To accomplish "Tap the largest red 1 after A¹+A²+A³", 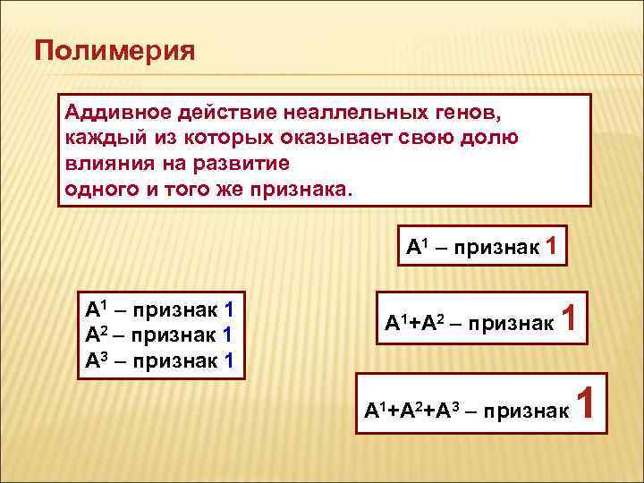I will click(587, 404).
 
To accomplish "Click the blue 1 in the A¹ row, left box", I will click(229, 311).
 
